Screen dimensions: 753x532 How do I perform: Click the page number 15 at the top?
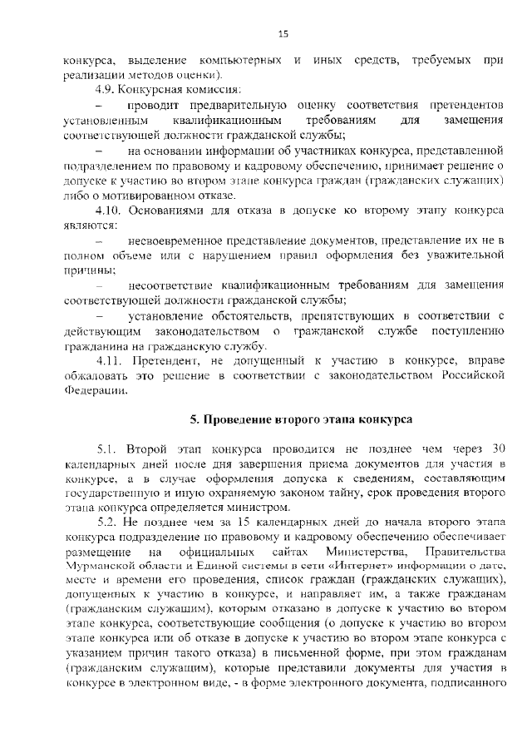click(x=282, y=34)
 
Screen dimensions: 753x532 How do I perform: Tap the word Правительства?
click(x=466, y=552)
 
